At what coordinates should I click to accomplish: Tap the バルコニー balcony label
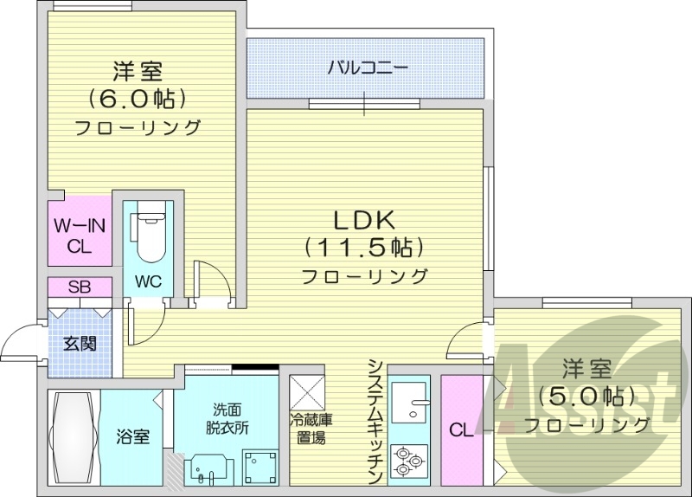(x=367, y=68)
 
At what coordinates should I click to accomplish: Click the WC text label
(x=147, y=281)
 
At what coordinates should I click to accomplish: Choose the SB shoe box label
(x=80, y=287)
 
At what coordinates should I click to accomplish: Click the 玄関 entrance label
(x=79, y=343)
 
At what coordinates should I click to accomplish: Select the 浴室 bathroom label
(x=134, y=436)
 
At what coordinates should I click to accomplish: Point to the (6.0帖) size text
(x=138, y=96)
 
